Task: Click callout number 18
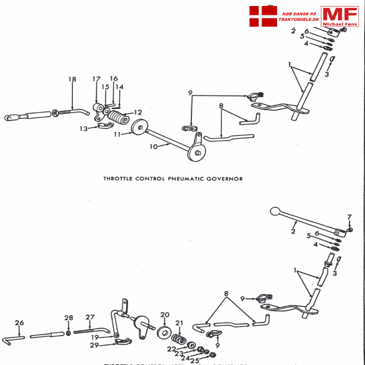tap(72, 80)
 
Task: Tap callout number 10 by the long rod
tap(154, 146)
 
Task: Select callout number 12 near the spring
tap(138, 112)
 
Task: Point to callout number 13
tap(84, 128)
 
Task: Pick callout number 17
tap(96, 80)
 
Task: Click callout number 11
tap(117, 135)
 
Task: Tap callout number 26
tap(19, 323)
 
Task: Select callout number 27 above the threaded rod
tap(90, 317)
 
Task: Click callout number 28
tap(69, 318)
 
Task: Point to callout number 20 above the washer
tap(165, 314)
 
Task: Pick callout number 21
tap(179, 323)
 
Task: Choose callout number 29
tap(95, 345)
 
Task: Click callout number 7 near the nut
tap(350, 217)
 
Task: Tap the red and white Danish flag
tap(263, 16)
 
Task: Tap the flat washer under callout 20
tap(164, 331)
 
